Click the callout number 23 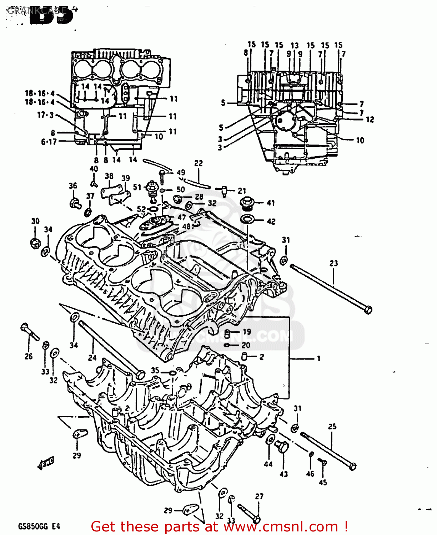(333, 264)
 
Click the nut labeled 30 (35, 243)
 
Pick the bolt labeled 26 (29, 332)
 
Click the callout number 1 (318, 358)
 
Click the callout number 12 (370, 119)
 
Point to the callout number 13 (295, 45)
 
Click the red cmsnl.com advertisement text (219, 526)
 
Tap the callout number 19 (247, 332)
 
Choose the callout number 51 (137, 187)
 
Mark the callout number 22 (199, 163)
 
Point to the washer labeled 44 (270, 439)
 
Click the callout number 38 (109, 176)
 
